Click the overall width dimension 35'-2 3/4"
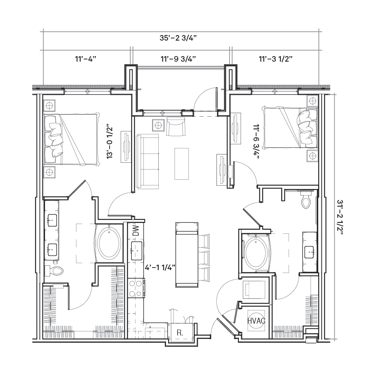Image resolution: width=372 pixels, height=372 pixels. tap(178, 38)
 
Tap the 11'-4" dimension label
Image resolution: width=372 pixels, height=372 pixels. tap(86, 59)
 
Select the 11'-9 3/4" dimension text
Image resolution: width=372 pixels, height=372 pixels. tap(178, 59)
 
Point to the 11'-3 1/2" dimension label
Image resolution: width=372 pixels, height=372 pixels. tap(275, 59)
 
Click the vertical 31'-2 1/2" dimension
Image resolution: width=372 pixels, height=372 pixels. tap(340, 217)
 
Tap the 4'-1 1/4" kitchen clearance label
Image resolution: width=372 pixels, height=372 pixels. tap(160, 268)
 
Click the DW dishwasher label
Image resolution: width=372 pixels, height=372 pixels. tap(135, 230)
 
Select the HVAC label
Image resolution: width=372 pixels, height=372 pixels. tap(256, 321)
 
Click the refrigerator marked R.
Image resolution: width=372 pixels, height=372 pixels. tap(180, 333)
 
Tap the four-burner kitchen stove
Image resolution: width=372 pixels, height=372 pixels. tap(136, 288)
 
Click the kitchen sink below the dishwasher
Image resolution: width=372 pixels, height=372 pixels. tap(137, 251)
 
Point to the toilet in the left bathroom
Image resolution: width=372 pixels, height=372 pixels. tap(54, 271)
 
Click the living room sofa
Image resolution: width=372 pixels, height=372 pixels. tap(148, 161)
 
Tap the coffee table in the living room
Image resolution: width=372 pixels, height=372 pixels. tap(182, 164)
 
